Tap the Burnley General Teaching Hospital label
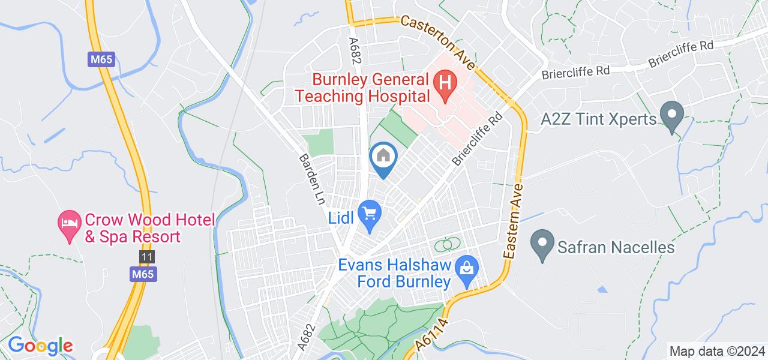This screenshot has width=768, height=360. pyautogui.click(x=371, y=88)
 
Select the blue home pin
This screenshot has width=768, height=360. pyautogui.click(x=382, y=157)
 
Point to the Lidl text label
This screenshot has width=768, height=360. pyautogui.click(x=341, y=215)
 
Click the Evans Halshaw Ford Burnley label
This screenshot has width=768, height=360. pyautogui.click(x=394, y=274)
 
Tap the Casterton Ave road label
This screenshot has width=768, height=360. pyautogui.click(x=438, y=41)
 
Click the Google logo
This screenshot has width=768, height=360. pyautogui.click(x=40, y=346)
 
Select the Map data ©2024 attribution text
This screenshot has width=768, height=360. pyautogui.click(x=716, y=351)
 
